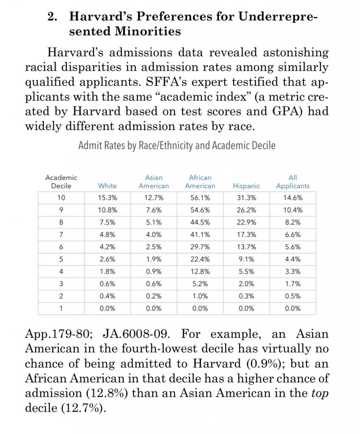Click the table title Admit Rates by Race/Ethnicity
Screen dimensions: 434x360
[x=177, y=145]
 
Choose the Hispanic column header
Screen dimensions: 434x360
[x=246, y=186]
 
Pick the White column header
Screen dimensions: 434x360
[x=107, y=186]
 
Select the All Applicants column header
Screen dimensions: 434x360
[x=293, y=182]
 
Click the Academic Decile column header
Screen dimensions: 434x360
[x=61, y=182]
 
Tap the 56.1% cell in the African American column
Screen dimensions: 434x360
[x=200, y=198]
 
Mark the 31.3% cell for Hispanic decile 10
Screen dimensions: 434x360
[x=246, y=198]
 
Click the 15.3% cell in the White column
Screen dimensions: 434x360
[x=107, y=198]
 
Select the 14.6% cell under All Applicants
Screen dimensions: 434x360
[x=293, y=198]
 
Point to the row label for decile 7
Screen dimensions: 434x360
[x=61, y=234]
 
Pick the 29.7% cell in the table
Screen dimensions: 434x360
[x=200, y=247]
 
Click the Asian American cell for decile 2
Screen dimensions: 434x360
[x=153, y=296]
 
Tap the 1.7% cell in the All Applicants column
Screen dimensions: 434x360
[x=293, y=284]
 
